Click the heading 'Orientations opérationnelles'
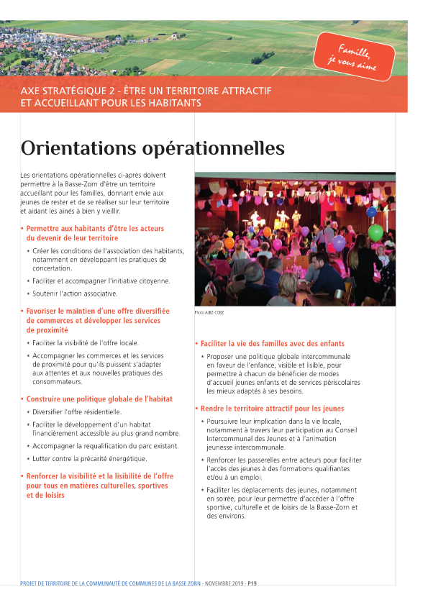pos(152,149)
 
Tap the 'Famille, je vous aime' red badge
pos(354,55)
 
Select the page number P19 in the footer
pos(252,583)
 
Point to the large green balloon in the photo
pos(375,232)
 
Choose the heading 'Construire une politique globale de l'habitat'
pos(99,399)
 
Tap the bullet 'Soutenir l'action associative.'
pos(75,294)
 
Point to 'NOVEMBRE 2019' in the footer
pos(225,583)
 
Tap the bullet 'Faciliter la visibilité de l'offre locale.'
pos(88,343)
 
